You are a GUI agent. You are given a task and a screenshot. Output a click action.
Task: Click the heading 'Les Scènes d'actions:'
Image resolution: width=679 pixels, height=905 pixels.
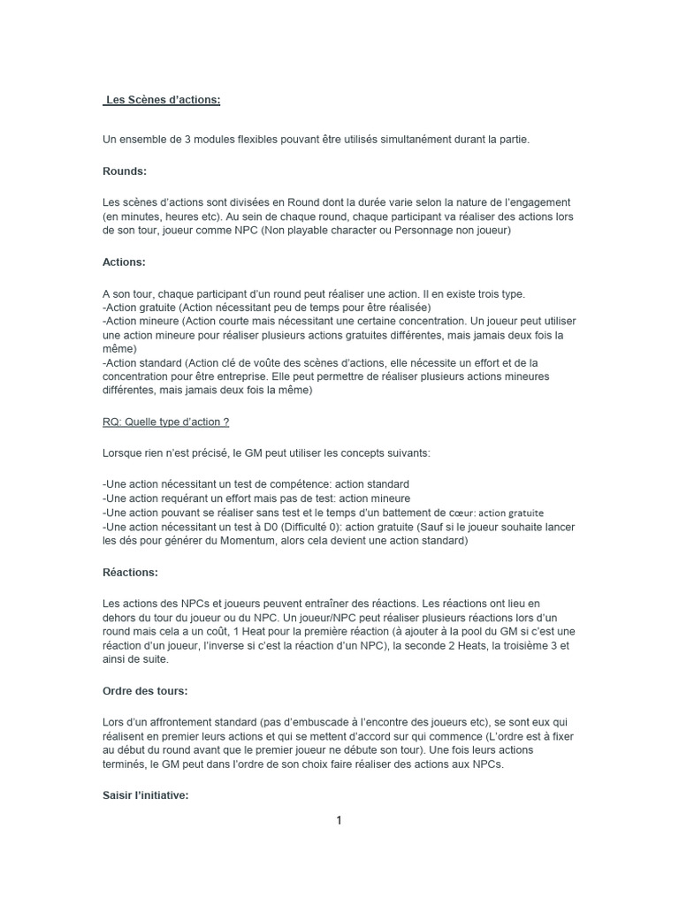pyautogui.click(x=163, y=100)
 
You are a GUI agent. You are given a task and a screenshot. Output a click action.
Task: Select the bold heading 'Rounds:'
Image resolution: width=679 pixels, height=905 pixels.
pyautogui.click(x=125, y=171)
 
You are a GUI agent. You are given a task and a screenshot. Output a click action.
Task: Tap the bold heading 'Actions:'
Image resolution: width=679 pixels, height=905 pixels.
pyautogui.click(x=125, y=262)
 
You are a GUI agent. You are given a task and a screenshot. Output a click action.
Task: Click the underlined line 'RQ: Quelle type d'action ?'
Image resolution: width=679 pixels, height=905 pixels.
pyautogui.click(x=166, y=422)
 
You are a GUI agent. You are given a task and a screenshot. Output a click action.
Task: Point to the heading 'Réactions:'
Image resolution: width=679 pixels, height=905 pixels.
pyautogui.click(x=131, y=573)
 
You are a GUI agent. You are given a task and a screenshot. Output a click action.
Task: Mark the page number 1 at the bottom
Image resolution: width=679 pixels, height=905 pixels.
pyautogui.click(x=339, y=820)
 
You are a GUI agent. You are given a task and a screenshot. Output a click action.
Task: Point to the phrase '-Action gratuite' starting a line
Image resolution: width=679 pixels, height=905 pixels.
pyautogui.click(x=133, y=307)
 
